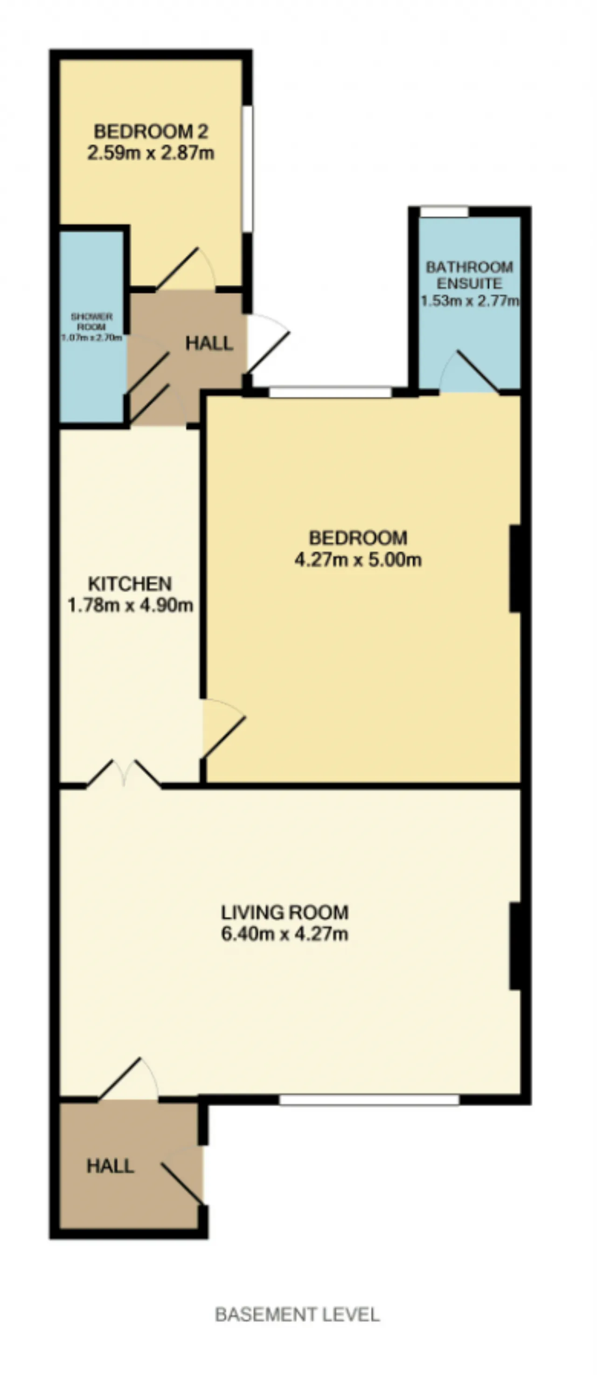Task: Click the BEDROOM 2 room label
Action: point(151,131)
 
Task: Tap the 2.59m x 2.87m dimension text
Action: point(151,153)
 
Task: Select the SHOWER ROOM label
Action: point(91,321)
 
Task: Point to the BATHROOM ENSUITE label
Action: point(469,275)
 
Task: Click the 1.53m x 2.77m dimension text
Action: point(470,300)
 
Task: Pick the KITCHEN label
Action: point(130,583)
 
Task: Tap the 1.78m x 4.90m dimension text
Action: point(130,606)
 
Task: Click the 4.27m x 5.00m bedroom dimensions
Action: point(358,560)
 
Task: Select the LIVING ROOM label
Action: point(285,912)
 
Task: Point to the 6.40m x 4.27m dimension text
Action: point(285,934)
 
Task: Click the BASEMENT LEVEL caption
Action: point(298,1315)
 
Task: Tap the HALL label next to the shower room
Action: point(209,343)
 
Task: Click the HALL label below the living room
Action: point(110,1166)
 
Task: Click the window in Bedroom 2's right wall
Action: point(248,168)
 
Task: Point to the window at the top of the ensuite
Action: point(444,212)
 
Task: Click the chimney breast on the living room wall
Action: point(516,946)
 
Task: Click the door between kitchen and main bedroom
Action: point(223,728)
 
